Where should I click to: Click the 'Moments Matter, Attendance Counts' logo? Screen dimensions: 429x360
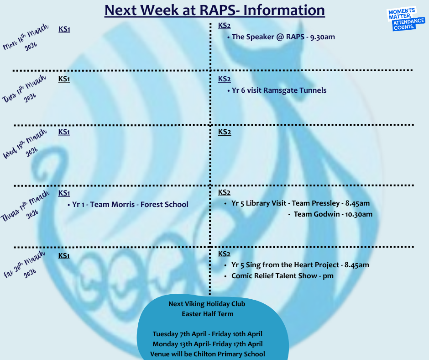(x=406, y=19)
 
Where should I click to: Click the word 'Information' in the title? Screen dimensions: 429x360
(x=284, y=10)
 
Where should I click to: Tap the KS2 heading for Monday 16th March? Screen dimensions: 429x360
(x=225, y=26)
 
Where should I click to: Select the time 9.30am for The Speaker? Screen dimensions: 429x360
(x=323, y=37)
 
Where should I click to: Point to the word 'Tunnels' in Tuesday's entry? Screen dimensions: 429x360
(x=313, y=90)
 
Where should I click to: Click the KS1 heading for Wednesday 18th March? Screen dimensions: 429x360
(x=64, y=132)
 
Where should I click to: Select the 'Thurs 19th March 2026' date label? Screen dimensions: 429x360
(x=25, y=206)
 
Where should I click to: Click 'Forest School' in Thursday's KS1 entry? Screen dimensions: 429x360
(x=164, y=204)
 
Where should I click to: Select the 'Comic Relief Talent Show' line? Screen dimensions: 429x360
(x=274, y=275)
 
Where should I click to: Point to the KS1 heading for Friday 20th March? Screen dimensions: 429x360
(x=64, y=256)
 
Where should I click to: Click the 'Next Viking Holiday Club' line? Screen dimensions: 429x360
(x=207, y=304)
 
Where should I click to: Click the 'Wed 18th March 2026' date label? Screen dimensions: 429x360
(x=25, y=143)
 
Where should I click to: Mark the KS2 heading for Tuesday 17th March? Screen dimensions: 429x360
(x=225, y=79)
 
